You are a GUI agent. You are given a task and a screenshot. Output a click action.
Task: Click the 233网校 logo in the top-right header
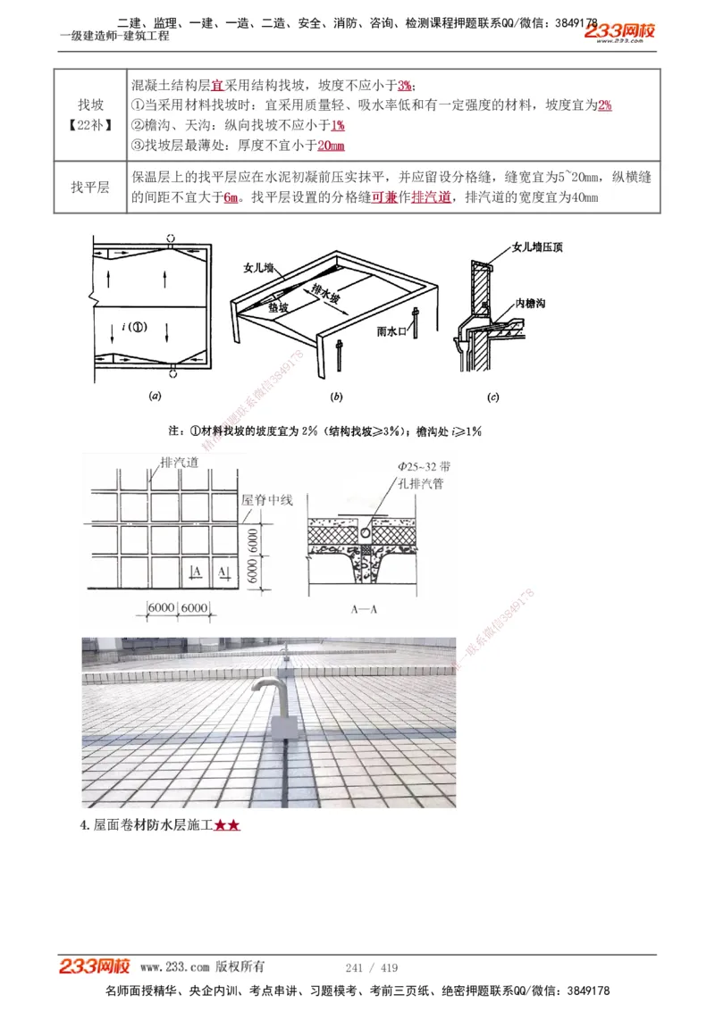[x=619, y=32]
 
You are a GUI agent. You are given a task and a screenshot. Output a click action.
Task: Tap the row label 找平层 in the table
[x=89, y=188]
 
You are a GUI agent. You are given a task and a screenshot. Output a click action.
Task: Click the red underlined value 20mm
[x=331, y=146]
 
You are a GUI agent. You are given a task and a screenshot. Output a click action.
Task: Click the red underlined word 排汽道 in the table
[x=431, y=197]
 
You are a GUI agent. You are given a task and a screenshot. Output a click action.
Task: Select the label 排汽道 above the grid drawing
[x=179, y=464]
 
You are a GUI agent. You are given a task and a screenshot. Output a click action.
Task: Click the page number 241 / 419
[x=371, y=967]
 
